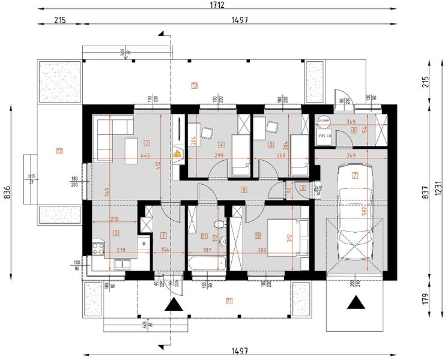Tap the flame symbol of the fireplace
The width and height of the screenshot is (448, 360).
[177, 154]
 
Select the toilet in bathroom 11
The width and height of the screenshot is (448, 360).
[220, 224]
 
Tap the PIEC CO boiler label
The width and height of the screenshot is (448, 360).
[325, 136]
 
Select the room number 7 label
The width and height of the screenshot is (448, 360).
[355, 176]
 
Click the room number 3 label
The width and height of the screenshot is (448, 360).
[147, 143]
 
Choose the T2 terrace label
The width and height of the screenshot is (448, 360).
[59, 151]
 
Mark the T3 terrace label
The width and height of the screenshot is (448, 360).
[194, 85]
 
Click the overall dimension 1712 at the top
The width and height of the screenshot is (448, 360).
[217, 5]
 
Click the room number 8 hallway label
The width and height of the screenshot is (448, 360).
[243, 190]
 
